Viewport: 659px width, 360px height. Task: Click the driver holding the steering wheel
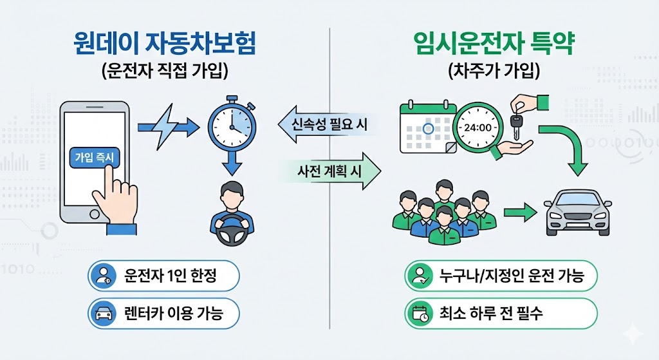[x=232, y=216]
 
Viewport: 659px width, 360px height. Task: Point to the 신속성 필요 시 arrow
[x=325, y=124]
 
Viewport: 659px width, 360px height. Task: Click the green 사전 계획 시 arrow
[x=331, y=171]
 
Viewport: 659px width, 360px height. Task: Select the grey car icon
[x=578, y=213]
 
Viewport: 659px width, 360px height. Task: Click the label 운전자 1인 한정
[x=163, y=276]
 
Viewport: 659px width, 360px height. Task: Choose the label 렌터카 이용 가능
[x=163, y=314]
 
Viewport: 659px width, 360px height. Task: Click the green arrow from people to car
[x=520, y=212]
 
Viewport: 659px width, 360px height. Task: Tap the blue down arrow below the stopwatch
[x=231, y=165]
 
